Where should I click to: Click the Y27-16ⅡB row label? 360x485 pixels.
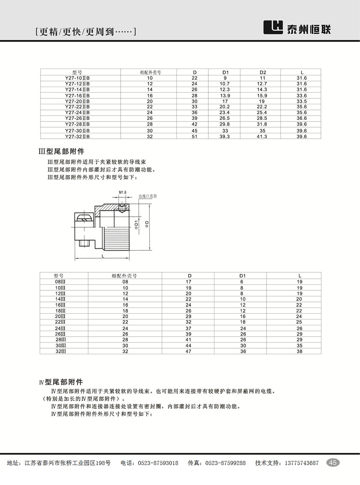tap(77, 95)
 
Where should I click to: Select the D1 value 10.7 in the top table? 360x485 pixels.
tap(225, 84)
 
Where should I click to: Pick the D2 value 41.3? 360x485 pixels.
tap(262, 136)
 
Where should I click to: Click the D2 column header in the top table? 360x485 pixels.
tap(262, 72)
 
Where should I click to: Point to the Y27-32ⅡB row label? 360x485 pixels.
tap(77, 136)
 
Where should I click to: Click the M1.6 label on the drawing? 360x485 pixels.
tap(123, 192)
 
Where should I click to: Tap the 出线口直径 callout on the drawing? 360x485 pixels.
tap(148, 196)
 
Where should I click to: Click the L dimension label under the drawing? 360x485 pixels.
tap(103, 256)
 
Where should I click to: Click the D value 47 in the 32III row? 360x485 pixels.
tap(188, 351)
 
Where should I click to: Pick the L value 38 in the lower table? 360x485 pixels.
tap(299, 351)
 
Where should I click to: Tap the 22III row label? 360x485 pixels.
tap(60, 322)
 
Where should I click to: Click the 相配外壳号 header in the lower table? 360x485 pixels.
tap(124, 275)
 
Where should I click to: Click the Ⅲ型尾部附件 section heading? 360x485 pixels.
tap(61, 152)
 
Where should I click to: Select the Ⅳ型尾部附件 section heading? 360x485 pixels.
tap(61, 382)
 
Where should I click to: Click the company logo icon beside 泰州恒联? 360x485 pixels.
tap(273, 28)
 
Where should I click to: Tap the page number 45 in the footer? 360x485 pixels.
tap(333, 463)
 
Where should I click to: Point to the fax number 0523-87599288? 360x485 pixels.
tap(226, 463)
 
